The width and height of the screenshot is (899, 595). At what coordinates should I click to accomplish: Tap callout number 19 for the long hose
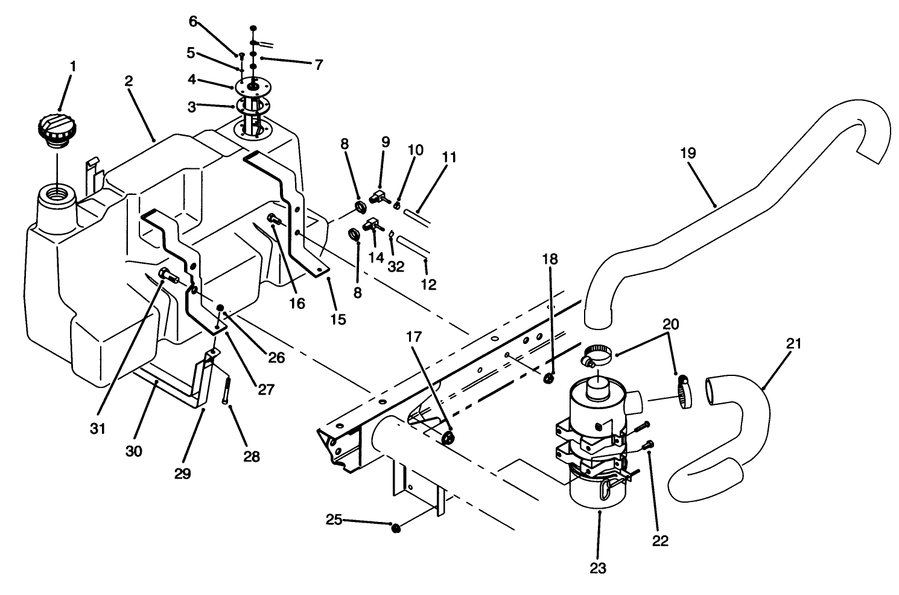(x=687, y=153)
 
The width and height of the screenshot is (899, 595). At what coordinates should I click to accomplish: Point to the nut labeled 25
(x=396, y=529)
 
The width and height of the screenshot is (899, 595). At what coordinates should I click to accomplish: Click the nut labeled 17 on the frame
(x=448, y=438)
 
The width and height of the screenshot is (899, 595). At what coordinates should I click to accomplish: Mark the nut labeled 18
(x=549, y=378)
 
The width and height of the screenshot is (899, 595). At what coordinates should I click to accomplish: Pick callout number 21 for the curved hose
(x=793, y=344)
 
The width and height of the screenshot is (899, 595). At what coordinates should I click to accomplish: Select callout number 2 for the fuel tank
(x=129, y=82)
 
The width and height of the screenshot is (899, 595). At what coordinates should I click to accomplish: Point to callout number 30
(x=134, y=451)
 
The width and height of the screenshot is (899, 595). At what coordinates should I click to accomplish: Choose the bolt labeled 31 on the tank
(x=167, y=277)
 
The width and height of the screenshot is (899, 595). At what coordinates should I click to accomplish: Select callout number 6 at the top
(x=193, y=21)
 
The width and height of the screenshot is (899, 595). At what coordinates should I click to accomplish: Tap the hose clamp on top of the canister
(x=594, y=355)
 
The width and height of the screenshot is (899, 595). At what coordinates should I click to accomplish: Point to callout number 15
(x=338, y=319)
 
